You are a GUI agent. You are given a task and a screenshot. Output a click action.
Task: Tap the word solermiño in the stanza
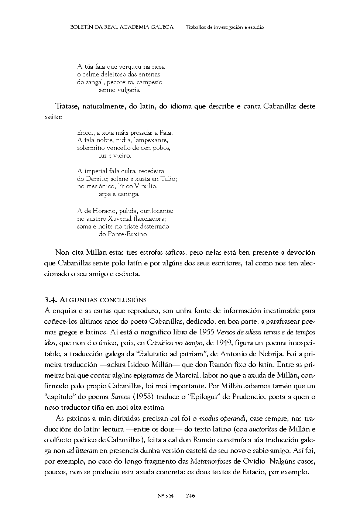pyautogui.click(x=90, y=148)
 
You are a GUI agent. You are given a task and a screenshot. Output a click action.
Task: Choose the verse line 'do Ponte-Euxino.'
pyautogui.click(x=123, y=234)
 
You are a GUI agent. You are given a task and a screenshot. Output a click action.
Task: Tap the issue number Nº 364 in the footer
pyautogui.click(x=165, y=496)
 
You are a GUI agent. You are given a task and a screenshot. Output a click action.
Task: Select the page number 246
pyautogui.click(x=191, y=496)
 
